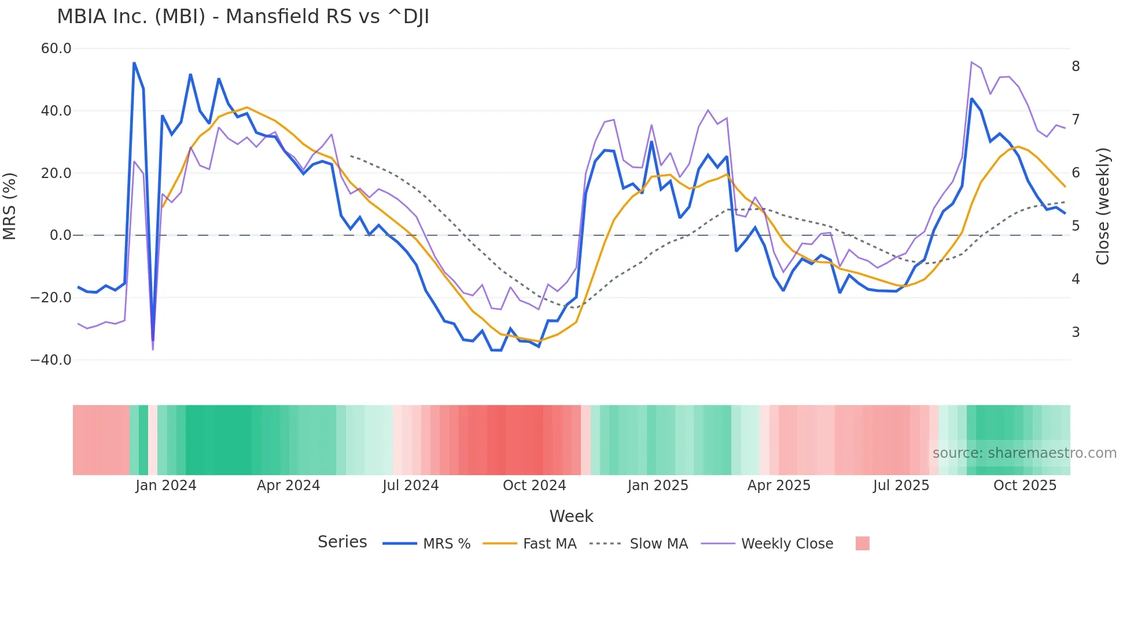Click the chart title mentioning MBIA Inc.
243,17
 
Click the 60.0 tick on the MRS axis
56,49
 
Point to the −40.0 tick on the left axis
51,360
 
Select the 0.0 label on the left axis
61,235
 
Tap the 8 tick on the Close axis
1076,66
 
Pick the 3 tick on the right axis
1076,332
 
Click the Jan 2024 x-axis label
166,486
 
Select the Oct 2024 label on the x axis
534,486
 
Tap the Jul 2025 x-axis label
901,486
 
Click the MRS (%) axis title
10,206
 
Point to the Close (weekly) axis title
1103,206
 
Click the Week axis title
571,516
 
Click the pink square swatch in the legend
862,543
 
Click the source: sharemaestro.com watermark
1024,453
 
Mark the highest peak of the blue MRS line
134,63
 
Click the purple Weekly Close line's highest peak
971,62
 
